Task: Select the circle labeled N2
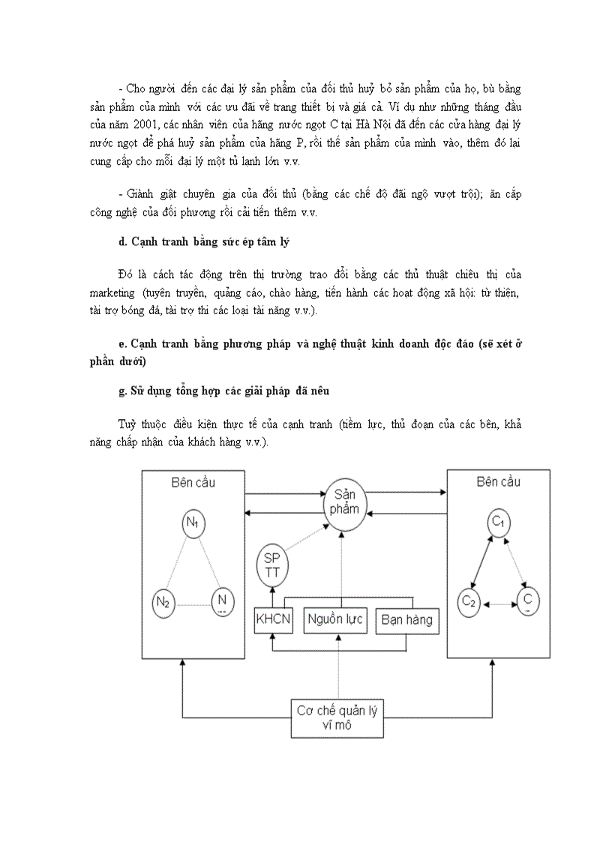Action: pyautogui.click(x=163, y=601)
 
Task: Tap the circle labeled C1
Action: pyautogui.click(x=496, y=523)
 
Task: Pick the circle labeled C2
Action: pyautogui.click(x=469, y=601)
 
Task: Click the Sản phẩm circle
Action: pyautogui.click(x=341, y=506)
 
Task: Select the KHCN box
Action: pyautogui.click(x=272, y=619)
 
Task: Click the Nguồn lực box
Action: pyautogui.click(x=334, y=619)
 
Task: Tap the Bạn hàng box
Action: pyautogui.click(x=406, y=619)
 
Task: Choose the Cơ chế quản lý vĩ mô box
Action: pyautogui.click(x=337, y=717)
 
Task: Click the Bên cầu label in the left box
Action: pyautogui.click(x=193, y=482)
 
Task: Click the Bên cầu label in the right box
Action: pyautogui.click(x=498, y=481)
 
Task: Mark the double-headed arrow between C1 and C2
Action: pyautogui.click(x=482, y=562)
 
